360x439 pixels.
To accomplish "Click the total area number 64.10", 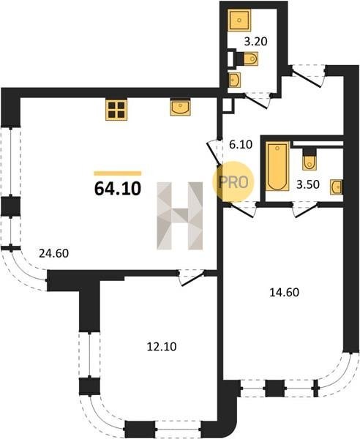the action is pyautogui.click(x=118, y=189).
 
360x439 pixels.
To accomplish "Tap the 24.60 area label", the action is pyautogui.click(x=53, y=253).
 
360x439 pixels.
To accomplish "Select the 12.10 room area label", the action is pyautogui.click(x=162, y=347).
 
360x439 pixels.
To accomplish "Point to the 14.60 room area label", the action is pyautogui.click(x=284, y=292).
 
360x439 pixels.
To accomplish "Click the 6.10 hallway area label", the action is pyautogui.click(x=241, y=145).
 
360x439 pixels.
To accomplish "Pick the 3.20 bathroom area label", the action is pyautogui.click(x=256, y=42).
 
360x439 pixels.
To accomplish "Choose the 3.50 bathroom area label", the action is pyautogui.click(x=308, y=185).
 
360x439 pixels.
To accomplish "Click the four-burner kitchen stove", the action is pyautogui.click(x=116, y=110).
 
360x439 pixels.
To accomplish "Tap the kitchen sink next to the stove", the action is pyautogui.click(x=180, y=107).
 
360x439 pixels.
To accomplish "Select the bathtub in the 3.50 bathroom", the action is pyautogui.click(x=277, y=166).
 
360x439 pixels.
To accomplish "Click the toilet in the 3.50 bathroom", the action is pyautogui.click(x=309, y=160).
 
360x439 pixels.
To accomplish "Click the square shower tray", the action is pyautogui.click(x=239, y=20).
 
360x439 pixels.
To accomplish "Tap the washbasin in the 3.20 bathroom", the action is pyautogui.click(x=235, y=80).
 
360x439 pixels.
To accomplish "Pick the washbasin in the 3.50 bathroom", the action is pyautogui.click(x=336, y=187).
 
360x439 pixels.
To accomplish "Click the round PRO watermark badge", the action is pyautogui.click(x=233, y=182).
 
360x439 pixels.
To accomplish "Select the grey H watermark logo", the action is pyautogui.click(x=180, y=216).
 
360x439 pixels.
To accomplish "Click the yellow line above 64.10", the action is pyautogui.click(x=118, y=173).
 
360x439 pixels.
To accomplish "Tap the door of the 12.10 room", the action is pyautogui.click(x=192, y=278).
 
